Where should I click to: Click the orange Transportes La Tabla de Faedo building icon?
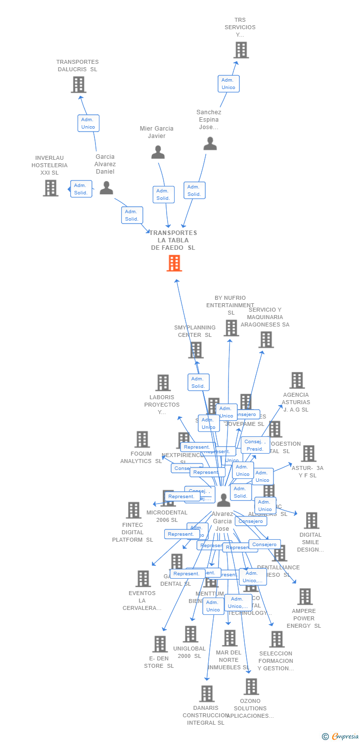[x=174, y=263]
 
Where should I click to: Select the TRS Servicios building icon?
[x=241, y=50]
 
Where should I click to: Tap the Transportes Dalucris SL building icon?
[x=79, y=85]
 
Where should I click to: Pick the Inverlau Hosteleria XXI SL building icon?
[x=50, y=188]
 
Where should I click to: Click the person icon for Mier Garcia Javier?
[x=158, y=152]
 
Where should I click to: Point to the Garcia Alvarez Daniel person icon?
[x=106, y=188]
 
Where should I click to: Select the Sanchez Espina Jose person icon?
[x=210, y=143]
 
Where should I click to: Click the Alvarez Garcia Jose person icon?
[x=224, y=500]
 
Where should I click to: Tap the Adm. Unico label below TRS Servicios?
[x=228, y=84]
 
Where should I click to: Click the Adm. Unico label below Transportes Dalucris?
[x=88, y=123]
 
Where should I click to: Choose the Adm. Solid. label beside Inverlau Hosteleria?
[x=81, y=189]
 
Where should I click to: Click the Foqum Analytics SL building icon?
[x=142, y=439]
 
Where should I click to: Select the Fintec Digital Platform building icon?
[x=134, y=510]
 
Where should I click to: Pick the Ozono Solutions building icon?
[x=251, y=687]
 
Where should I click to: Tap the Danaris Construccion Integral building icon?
[x=207, y=694]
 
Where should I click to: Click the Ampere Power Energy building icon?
[x=305, y=597]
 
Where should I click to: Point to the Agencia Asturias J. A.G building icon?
[x=297, y=380]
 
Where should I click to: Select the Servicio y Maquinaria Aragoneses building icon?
[x=266, y=339]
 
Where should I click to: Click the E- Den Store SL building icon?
[x=160, y=644]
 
